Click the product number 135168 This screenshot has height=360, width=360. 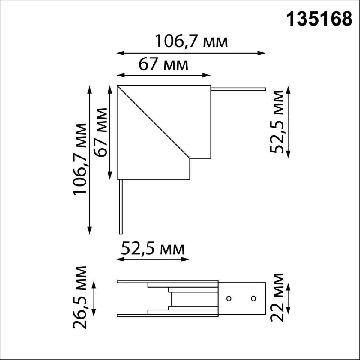(319, 19)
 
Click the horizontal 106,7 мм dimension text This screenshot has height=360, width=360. (192, 42)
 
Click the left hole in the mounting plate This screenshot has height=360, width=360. (229, 298)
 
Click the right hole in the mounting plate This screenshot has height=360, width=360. (253, 298)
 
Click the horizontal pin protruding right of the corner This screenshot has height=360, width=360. (238, 89)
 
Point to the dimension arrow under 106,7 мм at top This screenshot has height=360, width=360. (191, 53)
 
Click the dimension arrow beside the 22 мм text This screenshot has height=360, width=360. (288, 298)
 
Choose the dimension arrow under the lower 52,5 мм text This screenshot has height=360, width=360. (153, 259)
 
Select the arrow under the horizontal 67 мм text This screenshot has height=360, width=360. (163, 75)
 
